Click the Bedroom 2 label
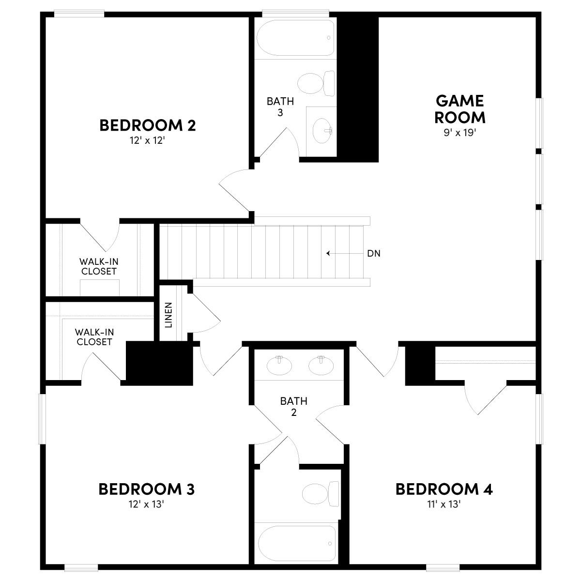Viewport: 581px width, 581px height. tap(148, 125)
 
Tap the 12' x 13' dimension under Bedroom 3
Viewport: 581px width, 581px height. tap(146, 504)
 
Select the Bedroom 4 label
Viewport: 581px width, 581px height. tap(444, 489)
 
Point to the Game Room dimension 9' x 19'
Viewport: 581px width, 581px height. tap(460, 133)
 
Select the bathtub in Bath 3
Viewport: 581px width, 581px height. tap(295, 38)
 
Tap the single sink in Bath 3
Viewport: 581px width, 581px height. tap(322, 130)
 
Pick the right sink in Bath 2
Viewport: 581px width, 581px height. tap(321, 366)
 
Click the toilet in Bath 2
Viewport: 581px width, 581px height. tap(320, 494)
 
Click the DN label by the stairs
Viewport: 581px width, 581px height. tap(373, 253)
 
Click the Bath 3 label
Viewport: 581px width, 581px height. tap(280, 107)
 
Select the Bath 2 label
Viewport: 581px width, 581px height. tap(293, 407)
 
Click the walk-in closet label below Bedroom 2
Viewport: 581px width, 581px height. tap(99, 266)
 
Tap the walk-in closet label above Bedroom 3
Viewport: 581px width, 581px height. tap(94, 337)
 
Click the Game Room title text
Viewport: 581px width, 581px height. tap(459, 109)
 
